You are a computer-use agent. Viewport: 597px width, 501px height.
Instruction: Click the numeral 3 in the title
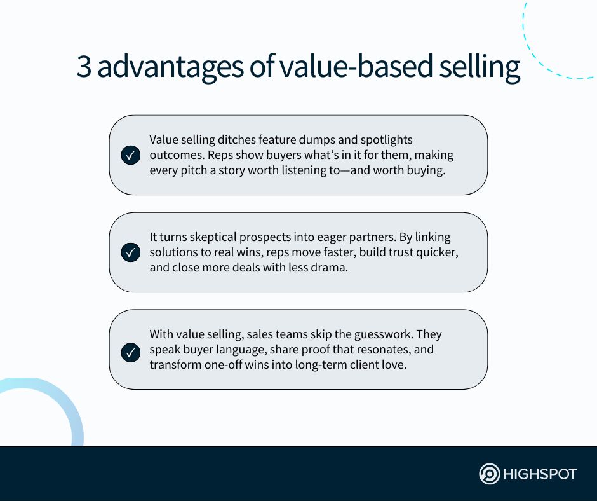click(84, 66)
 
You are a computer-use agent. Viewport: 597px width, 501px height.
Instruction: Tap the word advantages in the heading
click(170, 68)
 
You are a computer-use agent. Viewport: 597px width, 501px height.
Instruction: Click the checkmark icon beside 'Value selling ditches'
click(131, 155)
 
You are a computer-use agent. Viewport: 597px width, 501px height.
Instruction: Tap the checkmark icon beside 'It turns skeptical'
click(131, 252)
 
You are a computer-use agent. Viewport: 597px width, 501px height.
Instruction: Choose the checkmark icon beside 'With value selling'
click(131, 352)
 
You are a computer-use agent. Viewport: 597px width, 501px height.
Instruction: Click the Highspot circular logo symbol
click(489, 474)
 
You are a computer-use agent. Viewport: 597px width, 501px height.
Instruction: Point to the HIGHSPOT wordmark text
click(540, 474)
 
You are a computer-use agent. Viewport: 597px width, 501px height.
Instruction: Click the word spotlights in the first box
click(386, 140)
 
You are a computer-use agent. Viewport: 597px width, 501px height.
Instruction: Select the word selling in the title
click(480, 67)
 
